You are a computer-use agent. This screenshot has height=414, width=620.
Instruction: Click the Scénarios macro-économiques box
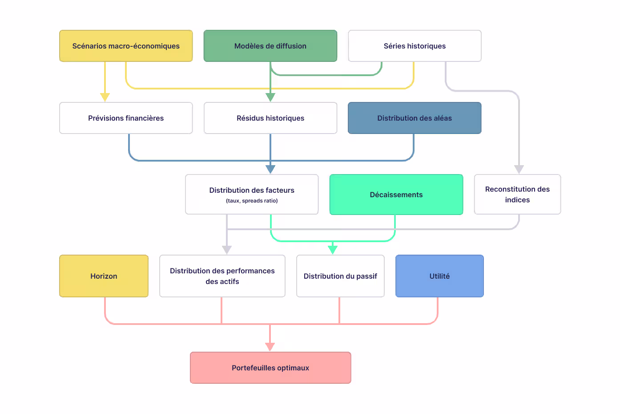126,46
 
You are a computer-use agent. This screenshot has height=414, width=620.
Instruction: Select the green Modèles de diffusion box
270,46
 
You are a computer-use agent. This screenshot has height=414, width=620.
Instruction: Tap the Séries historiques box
415,46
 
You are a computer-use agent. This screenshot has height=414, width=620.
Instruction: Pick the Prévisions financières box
126,118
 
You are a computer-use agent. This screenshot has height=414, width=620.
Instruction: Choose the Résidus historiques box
270,118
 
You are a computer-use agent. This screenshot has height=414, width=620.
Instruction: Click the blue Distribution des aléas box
415,118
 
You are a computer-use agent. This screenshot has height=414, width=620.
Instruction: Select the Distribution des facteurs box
252,191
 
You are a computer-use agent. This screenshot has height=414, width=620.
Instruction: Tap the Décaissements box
396,195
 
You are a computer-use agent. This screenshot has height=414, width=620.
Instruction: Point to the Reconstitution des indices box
517,195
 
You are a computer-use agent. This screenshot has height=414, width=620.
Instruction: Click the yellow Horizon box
104,276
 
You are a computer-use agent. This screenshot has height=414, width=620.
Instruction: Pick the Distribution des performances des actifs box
222,276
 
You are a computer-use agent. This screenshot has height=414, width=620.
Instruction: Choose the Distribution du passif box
340,276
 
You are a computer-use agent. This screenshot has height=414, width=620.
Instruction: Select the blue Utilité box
439,276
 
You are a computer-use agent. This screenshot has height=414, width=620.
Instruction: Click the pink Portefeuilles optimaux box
270,368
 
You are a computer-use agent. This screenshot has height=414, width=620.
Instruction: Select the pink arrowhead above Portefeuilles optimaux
270,347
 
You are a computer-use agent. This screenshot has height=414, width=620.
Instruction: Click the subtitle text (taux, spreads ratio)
252,201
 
